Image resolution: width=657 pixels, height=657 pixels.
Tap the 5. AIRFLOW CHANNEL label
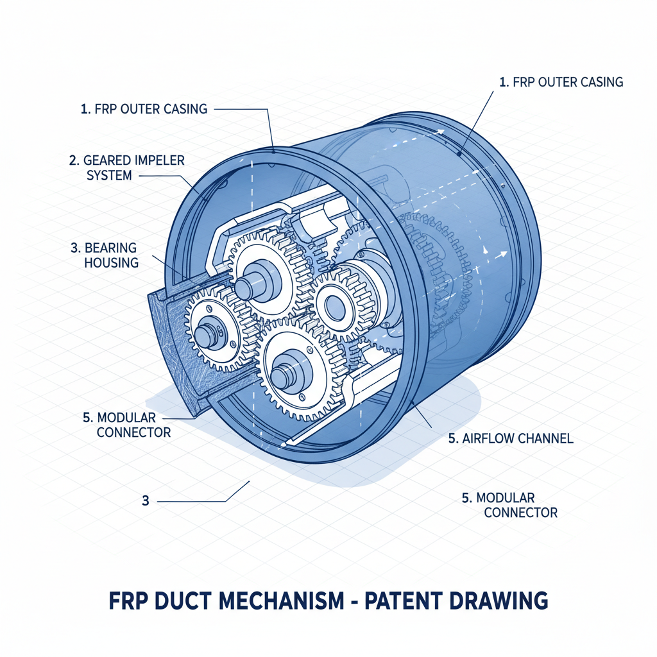[x=510, y=439]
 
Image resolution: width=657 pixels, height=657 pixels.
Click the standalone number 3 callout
[x=146, y=500]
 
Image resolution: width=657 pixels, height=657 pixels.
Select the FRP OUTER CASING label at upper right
[x=560, y=82]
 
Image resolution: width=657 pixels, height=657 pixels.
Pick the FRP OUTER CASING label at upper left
[x=144, y=109]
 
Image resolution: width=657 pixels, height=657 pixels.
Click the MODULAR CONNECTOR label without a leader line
[x=509, y=505]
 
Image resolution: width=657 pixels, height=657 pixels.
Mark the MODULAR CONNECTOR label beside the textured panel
[x=126, y=425]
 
